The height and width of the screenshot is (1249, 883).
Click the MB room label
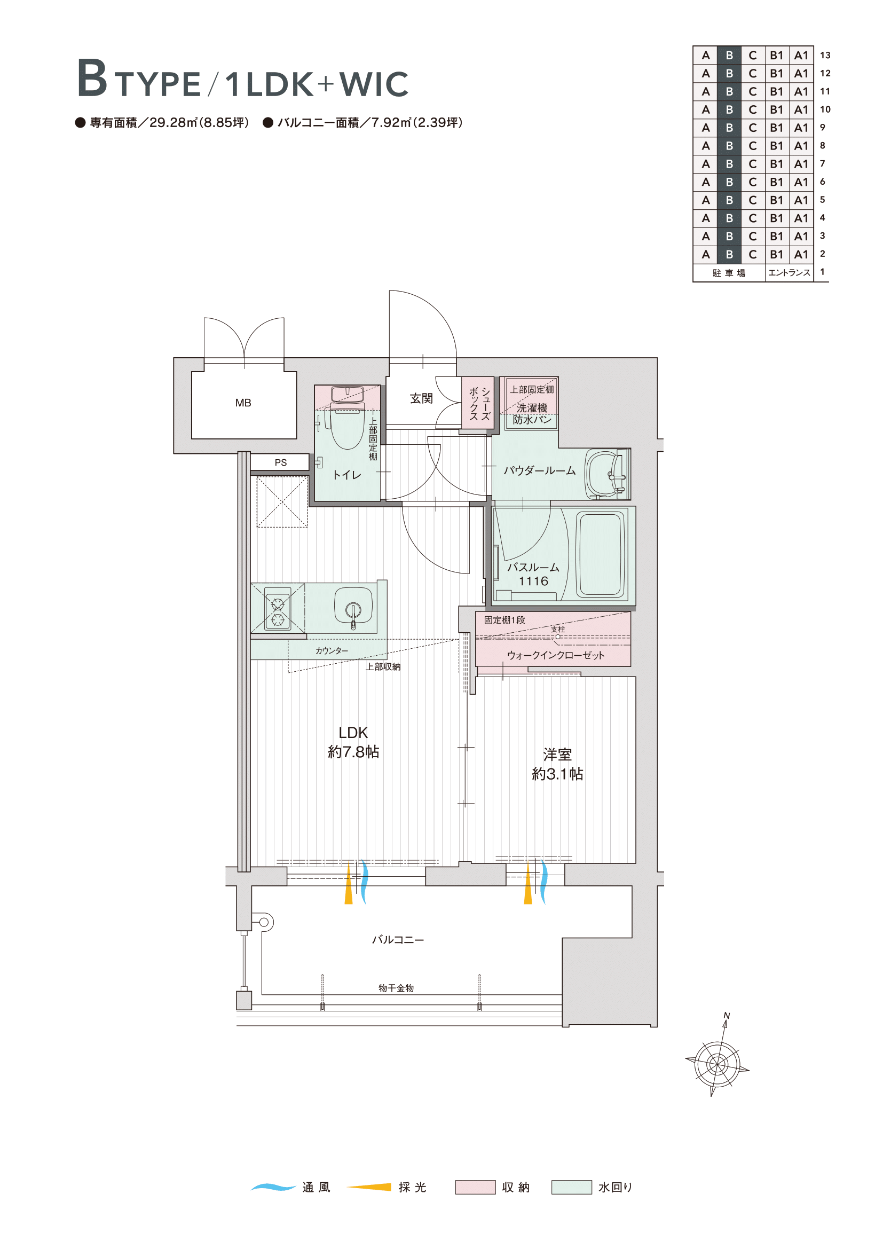[243, 403]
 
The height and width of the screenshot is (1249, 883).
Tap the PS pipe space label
[281, 462]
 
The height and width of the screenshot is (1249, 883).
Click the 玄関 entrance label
[421, 398]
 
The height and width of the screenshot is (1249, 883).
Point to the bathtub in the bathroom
[600, 554]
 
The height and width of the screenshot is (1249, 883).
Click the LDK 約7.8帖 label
[353, 742]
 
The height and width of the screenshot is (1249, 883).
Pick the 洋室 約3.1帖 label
[557, 764]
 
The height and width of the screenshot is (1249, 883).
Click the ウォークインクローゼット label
[556, 655]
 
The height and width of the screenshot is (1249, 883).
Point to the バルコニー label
[398, 939]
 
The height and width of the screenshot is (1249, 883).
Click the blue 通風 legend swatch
[273, 1187]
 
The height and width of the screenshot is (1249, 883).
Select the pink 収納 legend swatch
[475, 1187]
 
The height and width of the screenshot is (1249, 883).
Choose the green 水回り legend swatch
[571, 1187]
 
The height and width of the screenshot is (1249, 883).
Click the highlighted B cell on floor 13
[729, 55]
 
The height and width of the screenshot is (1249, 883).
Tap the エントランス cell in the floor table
[789, 272]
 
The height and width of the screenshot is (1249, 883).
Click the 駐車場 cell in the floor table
[729, 272]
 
